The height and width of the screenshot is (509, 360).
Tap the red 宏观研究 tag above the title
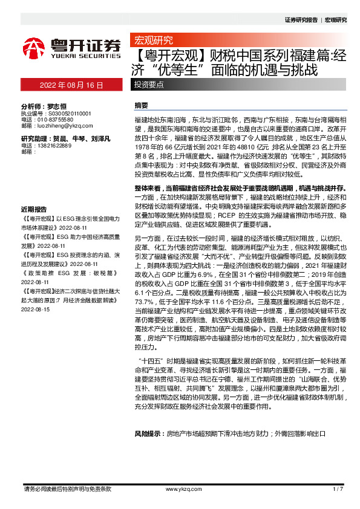click(x=151, y=41)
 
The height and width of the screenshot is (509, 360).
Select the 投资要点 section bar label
click(x=149, y=85)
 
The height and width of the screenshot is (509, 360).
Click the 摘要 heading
click(x=141, y=105)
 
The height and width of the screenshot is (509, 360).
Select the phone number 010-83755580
click(x=55, y=120)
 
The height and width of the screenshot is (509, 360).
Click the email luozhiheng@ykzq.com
click(x=58, y=126)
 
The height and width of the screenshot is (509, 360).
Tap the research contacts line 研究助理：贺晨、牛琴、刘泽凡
click(x=65, y=139)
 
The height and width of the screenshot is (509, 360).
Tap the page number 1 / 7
click(x=338, y=488)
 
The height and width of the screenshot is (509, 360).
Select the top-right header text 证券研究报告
click(x=301, y=20)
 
